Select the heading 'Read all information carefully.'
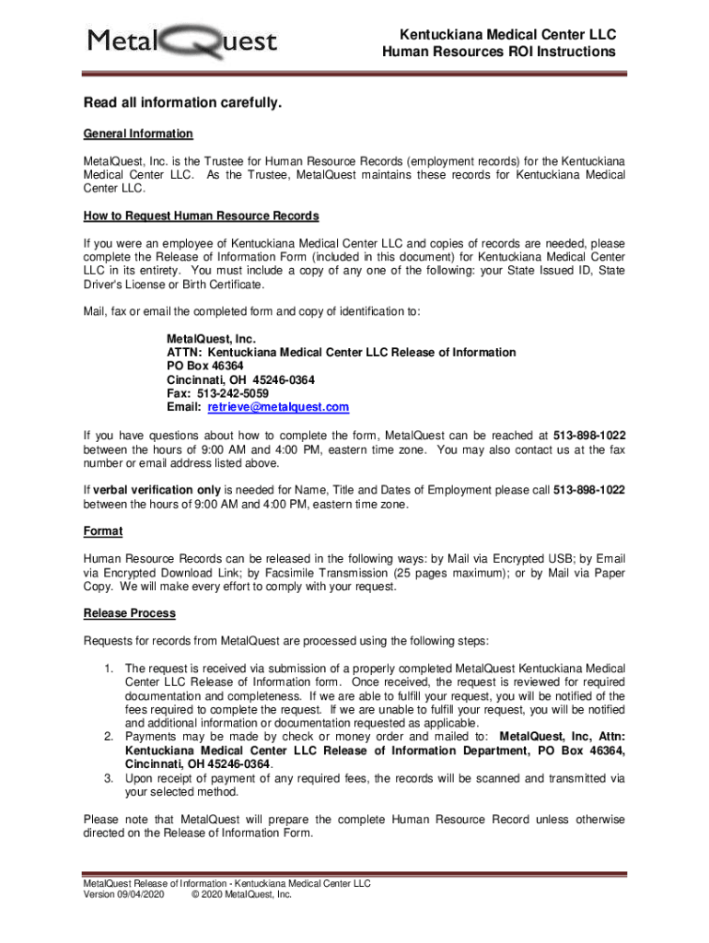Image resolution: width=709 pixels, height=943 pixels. [182, 103]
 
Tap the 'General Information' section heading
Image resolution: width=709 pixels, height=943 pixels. [138, 134]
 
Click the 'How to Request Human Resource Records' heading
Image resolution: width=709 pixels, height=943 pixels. [201, 216]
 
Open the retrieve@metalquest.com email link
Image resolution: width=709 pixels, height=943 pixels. [278, 407]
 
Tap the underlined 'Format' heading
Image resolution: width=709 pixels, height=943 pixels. [103, 531]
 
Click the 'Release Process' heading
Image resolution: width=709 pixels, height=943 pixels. [130, 613]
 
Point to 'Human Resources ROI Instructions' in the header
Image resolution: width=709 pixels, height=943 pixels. [499, 52]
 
